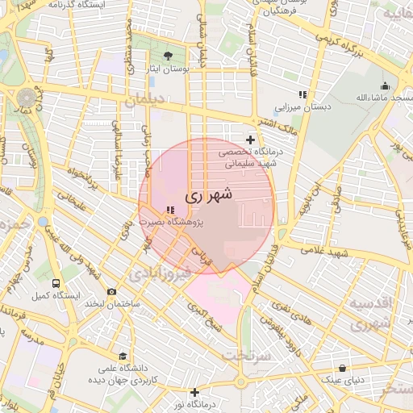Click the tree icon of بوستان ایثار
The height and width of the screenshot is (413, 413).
[168, 56]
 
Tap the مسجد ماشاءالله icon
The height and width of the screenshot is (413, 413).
[385, 86]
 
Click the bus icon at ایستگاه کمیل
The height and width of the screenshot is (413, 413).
[56, 283]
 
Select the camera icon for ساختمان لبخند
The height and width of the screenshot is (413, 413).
[111, 291]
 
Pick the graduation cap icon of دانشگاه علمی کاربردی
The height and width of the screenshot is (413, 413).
[122, 356]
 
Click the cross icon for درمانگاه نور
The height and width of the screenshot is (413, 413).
[194, 392]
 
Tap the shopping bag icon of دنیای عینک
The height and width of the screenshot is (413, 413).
[342, 368]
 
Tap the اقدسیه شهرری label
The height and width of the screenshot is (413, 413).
[369, 314]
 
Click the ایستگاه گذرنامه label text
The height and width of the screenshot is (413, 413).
[80, 5]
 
